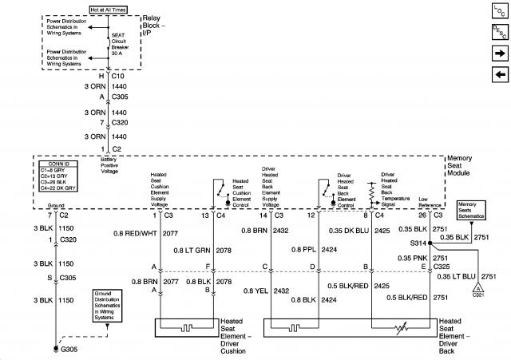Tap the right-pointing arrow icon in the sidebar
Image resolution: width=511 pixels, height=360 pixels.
pos(500,53)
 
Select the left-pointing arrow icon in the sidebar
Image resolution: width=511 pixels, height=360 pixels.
pos(500,75)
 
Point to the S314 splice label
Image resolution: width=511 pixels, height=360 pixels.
pos(418,243)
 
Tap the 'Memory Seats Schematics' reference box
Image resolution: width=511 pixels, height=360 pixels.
pos(471,210)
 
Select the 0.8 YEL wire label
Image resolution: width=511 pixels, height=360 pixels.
pos(255,291)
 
